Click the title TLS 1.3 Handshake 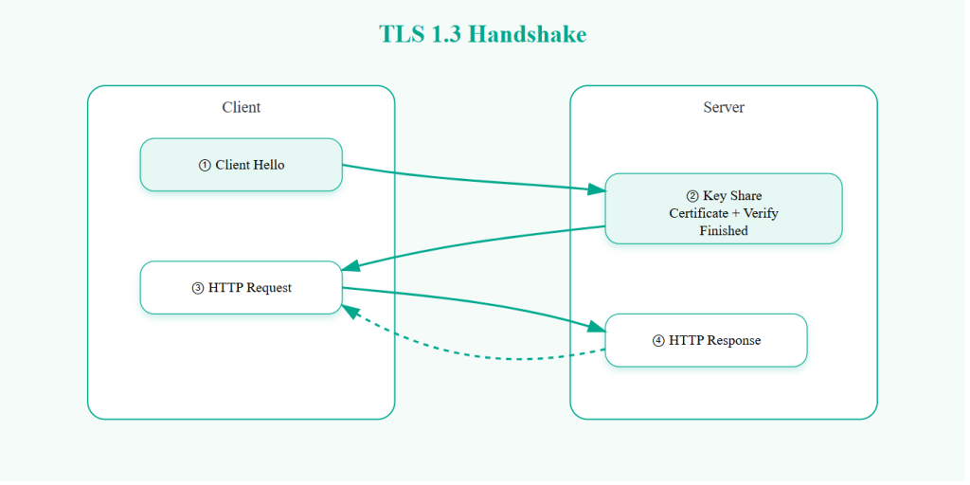(x=483, y=35)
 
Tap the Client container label (x=241, y=107)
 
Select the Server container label (x=723, y=107)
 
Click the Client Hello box (x=241, y=165)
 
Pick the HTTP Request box (x=241, y=288)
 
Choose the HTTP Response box (x=706, y=340)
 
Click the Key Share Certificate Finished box (x=723, y=208)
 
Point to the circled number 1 (x=205, y=166)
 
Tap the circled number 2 (x=692, y=196)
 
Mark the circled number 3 (x=197, y=288)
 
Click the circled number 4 (x=658, y=341)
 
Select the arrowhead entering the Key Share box (x=596, y=189)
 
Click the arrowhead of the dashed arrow (x=350, y=311)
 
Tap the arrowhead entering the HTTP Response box (x=596, y=327)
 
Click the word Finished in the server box (x=723, y=230)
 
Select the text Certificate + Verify (x=723, y=213)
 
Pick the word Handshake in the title (x=528, y=35)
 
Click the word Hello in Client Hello (x=268, y=165)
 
